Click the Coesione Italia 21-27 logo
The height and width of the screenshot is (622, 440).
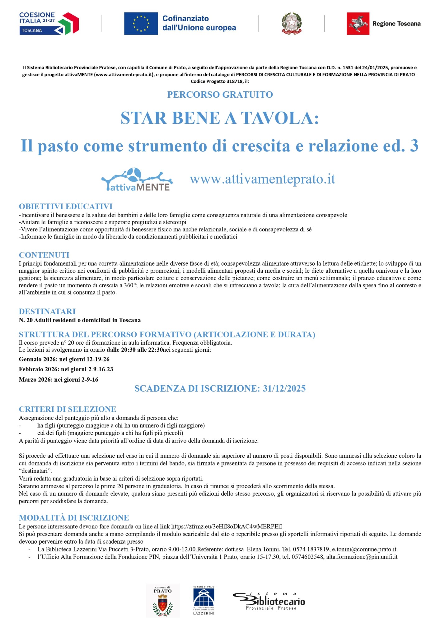[49, 23]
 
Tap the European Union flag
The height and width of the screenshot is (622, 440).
[141, 24]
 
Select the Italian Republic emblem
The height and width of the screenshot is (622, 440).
[292, 24]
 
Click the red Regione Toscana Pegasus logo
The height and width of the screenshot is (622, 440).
[358, 24]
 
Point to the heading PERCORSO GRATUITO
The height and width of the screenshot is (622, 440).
[220, 95]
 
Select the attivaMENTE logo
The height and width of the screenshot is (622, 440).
[137, 179]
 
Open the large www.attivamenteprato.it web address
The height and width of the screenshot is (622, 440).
[262, 179]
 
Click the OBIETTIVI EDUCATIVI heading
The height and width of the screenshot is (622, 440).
[66, 206]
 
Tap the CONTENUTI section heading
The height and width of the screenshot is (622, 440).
[44, 255]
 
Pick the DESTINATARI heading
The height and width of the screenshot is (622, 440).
[47, 311]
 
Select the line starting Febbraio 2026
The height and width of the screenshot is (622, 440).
[66, 369]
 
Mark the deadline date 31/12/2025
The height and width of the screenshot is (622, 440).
[284, 388]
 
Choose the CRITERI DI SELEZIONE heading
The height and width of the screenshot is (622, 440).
[67, 409]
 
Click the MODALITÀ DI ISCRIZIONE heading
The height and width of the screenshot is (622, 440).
[74, 518]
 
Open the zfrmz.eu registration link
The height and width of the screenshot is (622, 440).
[227, 527]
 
